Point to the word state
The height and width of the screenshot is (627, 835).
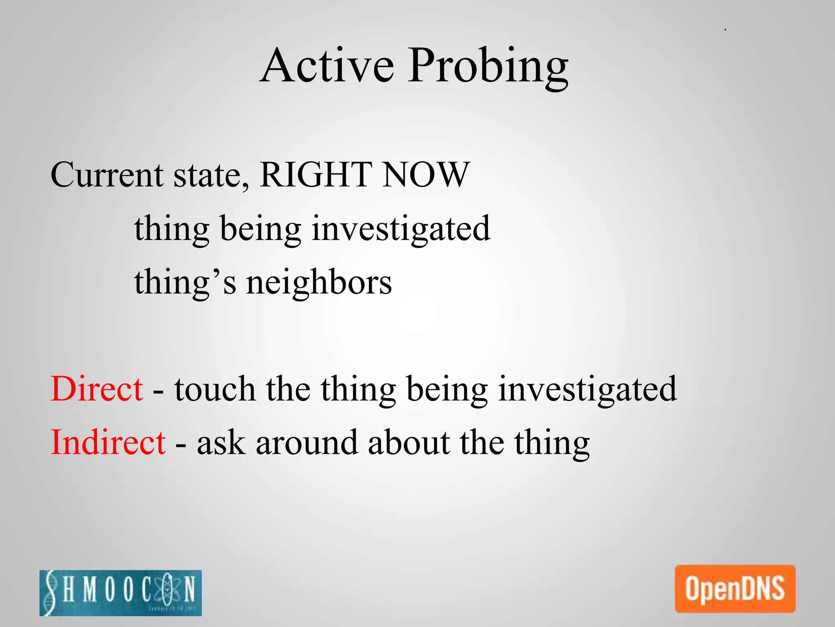[x=209, y=176]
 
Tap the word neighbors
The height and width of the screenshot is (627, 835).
[x=319, y=283]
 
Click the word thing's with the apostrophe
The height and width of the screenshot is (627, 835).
[x=185, y=283]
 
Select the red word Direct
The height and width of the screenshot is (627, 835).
[x=97, y=389]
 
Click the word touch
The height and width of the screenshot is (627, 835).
[x=215, y=389]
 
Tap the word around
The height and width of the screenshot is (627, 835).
[x=307, y=443]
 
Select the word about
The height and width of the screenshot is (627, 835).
[x=409, y=443]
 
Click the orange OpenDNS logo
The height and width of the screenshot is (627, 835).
[x=735, y=589]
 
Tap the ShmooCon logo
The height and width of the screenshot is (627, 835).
[x=120, y=593]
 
